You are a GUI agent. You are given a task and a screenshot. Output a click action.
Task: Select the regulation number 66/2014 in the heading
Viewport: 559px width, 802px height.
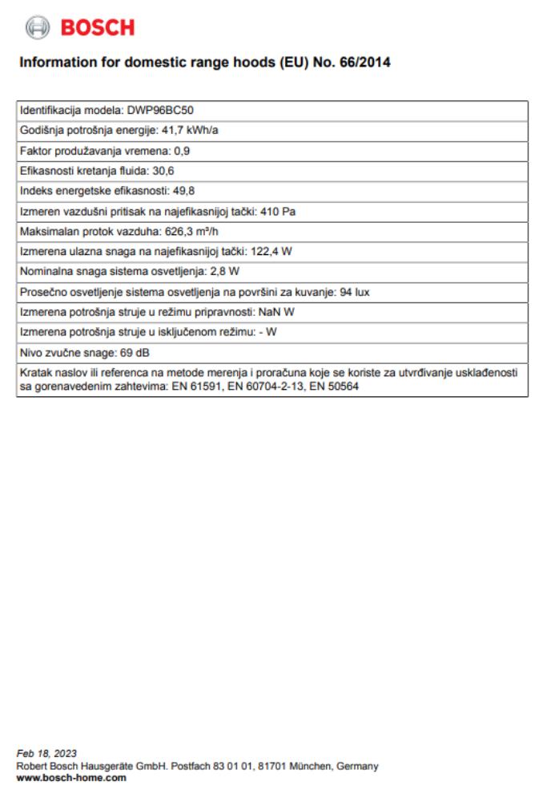[x=364, y=62]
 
